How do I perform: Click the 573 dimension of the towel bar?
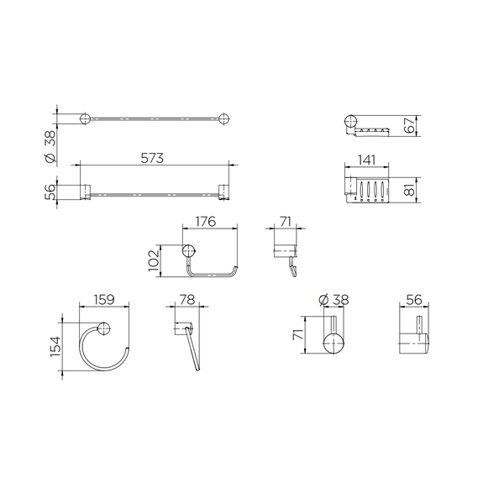[x=152, y=158]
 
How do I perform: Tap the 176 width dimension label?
[x=206, y=222]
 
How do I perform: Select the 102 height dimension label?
[x=154, y=260]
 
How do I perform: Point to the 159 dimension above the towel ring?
[x=104, y=300]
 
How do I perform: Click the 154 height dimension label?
[x=55, y=346]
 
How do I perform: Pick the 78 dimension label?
[x=187, y=300]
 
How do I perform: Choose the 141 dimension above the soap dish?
[x=366, y=160]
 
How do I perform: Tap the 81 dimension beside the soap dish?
[x=410, y=190]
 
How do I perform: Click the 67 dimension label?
[x=410, y=125]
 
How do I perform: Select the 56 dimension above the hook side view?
[x=414, y=300]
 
